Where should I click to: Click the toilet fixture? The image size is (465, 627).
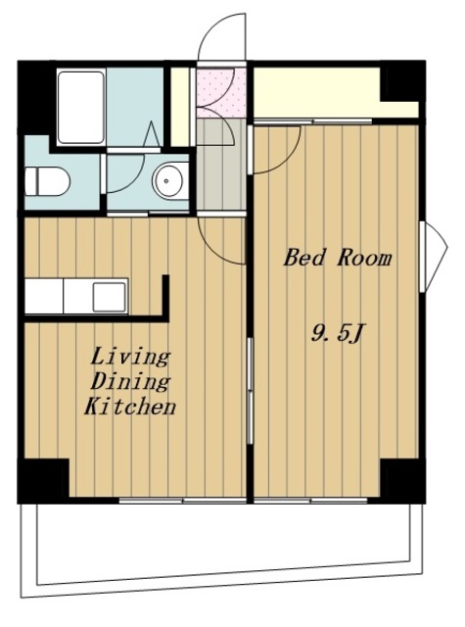pos(47,181)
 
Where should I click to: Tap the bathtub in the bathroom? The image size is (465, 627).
pos(81,107)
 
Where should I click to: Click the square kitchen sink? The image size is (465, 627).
pos(110,297)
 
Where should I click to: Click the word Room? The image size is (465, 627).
pos(364,258)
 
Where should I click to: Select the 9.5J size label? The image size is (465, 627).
pos(337,333)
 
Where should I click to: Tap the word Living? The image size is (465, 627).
pos(130,357)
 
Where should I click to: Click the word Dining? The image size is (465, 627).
pos(130,381)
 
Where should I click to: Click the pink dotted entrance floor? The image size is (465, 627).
pos(221,93)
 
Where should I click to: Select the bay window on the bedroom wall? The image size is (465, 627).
pos(434,256)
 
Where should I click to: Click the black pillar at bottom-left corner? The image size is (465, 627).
pos(43,481)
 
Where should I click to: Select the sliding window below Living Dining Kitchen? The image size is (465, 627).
pos(182,500)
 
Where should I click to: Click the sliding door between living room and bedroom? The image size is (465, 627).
pos(250,391)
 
